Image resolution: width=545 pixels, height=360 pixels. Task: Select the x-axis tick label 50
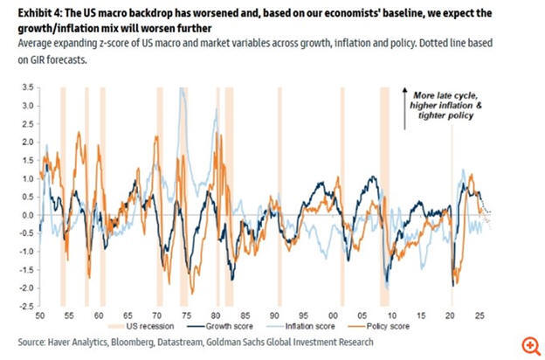pos(39,316)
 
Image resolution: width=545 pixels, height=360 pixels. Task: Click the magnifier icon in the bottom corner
pos(528,344)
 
